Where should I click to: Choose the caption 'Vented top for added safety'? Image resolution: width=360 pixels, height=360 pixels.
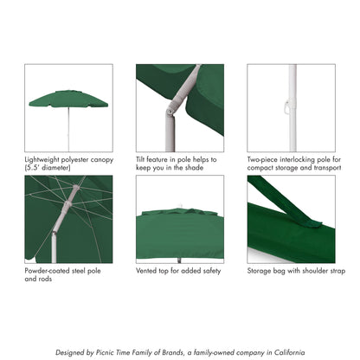tap(181, 270)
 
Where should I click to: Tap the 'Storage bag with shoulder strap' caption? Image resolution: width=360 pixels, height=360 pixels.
tap(296, 270)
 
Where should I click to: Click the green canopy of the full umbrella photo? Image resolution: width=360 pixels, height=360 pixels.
tap(68, 100)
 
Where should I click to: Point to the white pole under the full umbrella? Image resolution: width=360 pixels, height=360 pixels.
tap(68, 130)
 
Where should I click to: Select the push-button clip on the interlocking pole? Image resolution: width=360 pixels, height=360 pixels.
tap(286, 108)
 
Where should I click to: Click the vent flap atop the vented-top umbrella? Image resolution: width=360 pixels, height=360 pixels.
tap(179, 210)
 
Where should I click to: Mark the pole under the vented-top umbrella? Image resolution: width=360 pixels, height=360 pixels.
tap(180, 252)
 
